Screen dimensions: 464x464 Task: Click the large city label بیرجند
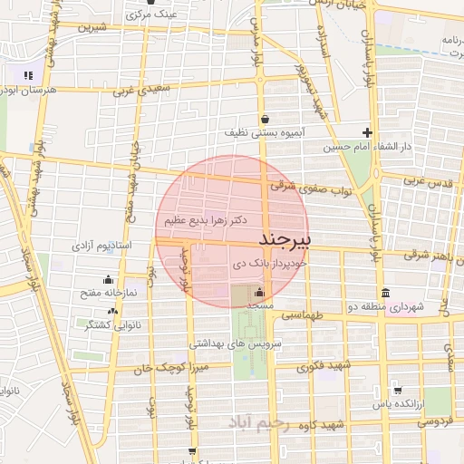point(285,239)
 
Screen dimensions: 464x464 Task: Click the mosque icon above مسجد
point(260,292)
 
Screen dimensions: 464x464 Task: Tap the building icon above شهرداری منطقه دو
point(386,293)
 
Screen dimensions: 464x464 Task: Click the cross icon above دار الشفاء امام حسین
point(367,131)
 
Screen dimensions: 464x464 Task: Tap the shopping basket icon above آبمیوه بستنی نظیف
point(265,119)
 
